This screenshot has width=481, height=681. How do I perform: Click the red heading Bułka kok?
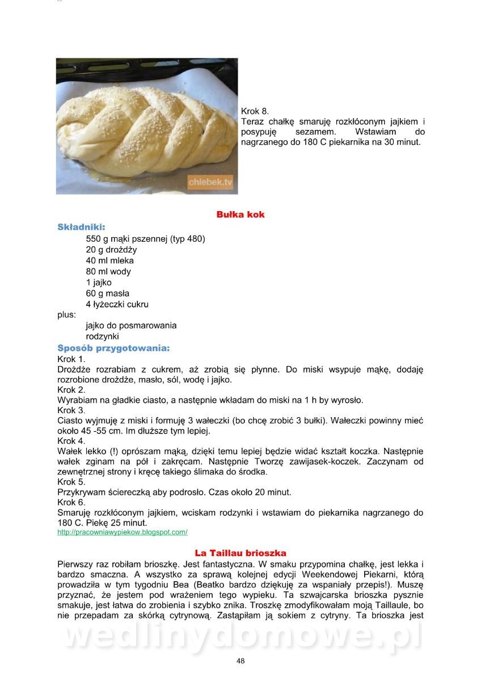click(241, 215)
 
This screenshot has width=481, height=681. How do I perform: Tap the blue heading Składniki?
click(81, 227)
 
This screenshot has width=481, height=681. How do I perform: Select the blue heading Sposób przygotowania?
click(113, 348)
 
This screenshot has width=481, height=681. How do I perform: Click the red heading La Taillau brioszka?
click(241, 553)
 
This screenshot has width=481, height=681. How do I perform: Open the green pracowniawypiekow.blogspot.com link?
click(123, 532)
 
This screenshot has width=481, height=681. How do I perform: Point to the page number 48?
click(241, 661)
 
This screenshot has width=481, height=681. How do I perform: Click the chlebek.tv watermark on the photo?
click(210, 182)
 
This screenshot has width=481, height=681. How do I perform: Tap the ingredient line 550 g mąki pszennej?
click(145, 239)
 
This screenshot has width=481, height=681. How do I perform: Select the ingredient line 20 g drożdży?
click(111, 250)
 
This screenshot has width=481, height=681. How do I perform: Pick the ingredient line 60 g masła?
click(108, 293)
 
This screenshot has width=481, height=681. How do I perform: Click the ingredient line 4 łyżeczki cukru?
click(117, 304)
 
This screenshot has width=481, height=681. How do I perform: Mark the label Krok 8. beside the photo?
click(255, 111)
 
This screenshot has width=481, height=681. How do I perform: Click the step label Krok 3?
click(71, 410)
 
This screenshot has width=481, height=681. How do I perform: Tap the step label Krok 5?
click(71, 482)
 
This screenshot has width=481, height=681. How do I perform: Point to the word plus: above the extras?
click(66, 314)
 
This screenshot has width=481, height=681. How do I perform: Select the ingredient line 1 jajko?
click(99, 283)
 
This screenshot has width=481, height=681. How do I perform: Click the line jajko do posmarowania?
click(131, 326)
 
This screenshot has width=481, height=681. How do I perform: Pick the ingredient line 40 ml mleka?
click(110, 260)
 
